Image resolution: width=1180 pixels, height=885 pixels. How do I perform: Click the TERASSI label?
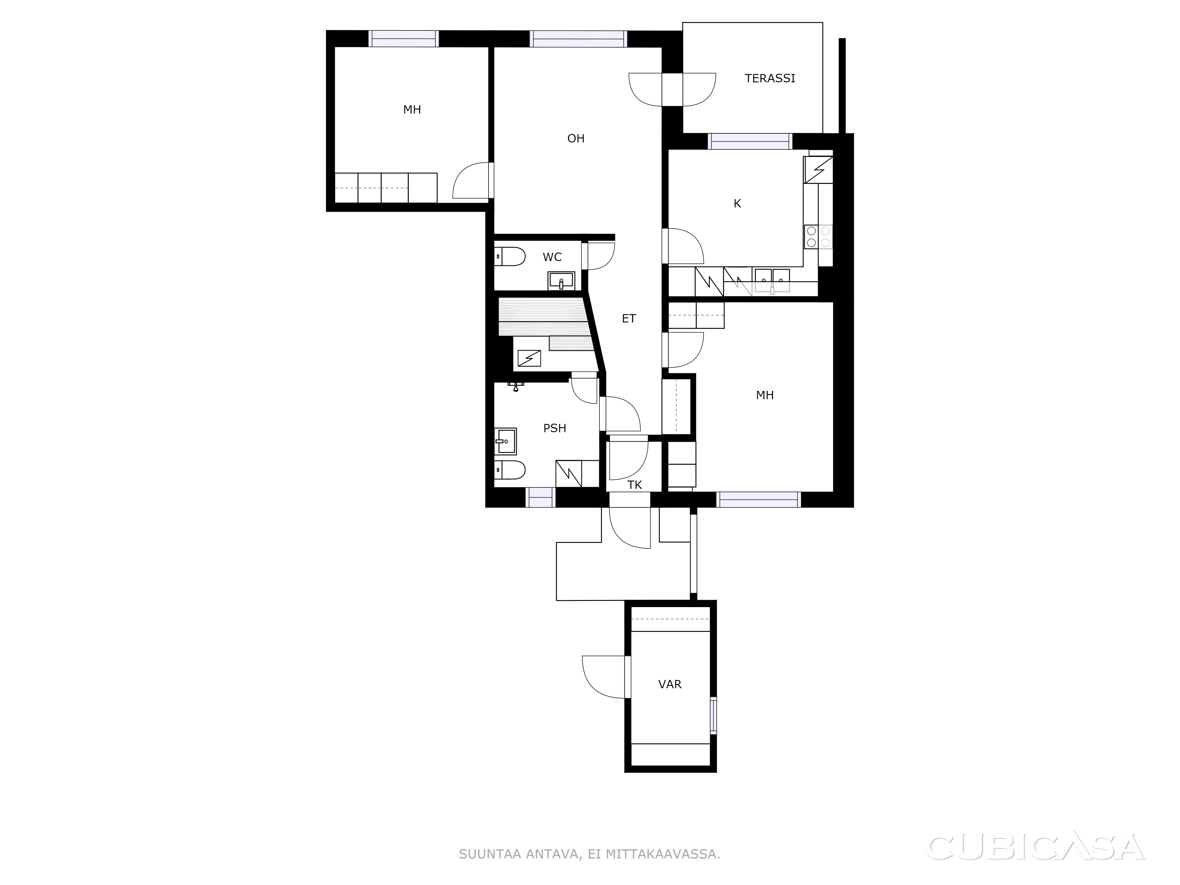point(770,78)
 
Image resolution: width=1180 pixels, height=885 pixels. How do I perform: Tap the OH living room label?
point(576,139)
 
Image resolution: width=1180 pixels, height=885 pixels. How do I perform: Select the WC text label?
point(552,257)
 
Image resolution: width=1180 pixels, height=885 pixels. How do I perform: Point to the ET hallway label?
point(629,319)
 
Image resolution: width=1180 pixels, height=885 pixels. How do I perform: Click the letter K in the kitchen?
point(737,203)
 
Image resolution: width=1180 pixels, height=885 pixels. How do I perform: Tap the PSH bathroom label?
point(555,428)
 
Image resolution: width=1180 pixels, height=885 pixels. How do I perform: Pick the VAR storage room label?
point(670,684)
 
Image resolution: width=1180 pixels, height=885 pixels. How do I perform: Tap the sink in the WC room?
point(561,280)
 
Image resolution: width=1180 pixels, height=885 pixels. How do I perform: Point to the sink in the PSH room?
point(505,441)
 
